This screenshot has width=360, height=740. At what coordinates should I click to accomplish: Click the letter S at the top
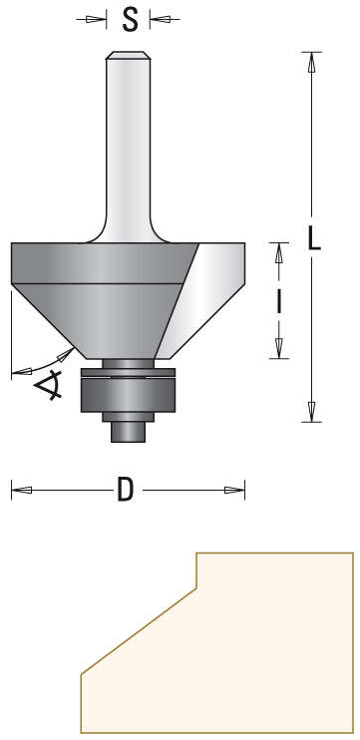(x=129, y=19)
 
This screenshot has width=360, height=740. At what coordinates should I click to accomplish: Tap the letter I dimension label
(x=279, y=300)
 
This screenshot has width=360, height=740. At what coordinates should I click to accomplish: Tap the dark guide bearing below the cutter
(x=129, y=394)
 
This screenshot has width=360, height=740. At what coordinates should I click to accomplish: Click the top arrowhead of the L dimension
(x=312, y=60)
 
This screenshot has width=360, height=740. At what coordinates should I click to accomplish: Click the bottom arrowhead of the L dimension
(x=312, y=412)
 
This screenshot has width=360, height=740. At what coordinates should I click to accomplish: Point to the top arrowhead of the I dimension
(x=279, y=252)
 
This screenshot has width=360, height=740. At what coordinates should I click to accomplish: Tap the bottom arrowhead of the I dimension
(x=279, y=348)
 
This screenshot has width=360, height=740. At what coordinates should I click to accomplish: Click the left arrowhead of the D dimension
(x=20, y=490)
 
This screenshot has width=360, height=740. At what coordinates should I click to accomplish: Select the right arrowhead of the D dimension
(x=235, y=490)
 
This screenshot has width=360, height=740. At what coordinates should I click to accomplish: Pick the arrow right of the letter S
(x=160, y=19)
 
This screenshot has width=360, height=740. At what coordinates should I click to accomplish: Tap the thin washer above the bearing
(x=129, y=374)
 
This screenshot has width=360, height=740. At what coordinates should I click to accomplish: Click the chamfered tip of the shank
(x=128, y=58)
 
